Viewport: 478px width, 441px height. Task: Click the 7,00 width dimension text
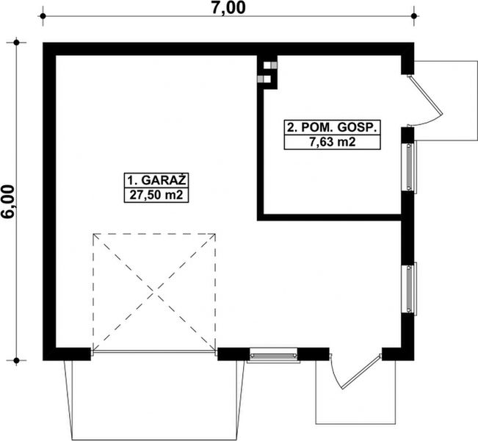click(229, 8)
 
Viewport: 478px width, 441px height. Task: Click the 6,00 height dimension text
click(10, 201)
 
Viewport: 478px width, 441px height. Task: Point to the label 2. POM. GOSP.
click(332, 127)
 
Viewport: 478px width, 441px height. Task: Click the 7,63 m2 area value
click(332, 142)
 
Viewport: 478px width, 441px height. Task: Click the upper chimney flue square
click(268, 62)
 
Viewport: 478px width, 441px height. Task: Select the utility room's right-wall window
click(409, 167)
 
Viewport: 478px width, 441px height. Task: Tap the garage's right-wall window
click(409, 287)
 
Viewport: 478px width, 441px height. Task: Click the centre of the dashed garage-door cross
click(153, 293)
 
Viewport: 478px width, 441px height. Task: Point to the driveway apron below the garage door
click(153, 397)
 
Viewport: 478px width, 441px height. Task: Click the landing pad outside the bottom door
click(348, 401)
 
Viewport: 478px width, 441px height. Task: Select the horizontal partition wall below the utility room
click(330, 217)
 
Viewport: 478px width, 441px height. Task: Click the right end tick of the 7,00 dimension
click(415, 14)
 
